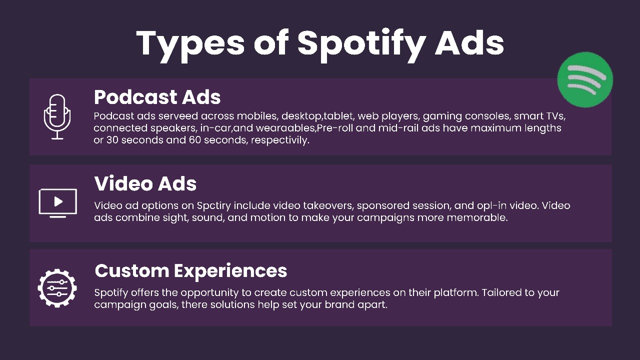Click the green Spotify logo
585,79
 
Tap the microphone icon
57,116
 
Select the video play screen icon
57,203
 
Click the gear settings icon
57,288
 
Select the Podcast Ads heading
157,97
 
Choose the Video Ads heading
145,183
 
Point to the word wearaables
285,128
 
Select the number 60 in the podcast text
195,140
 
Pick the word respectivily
280,140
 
